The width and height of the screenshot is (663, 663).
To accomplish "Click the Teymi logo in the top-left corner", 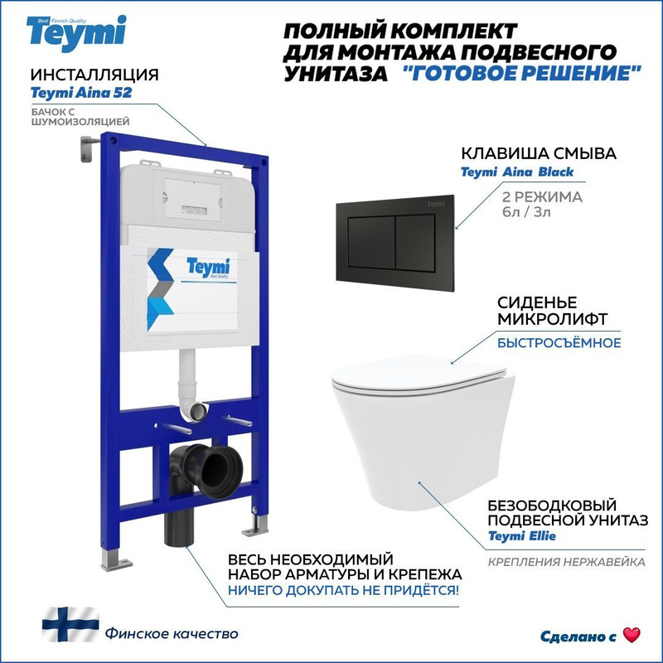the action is [76, 34].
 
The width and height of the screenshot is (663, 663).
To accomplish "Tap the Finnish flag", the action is [70, 624].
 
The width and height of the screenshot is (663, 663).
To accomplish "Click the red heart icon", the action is [632, 635].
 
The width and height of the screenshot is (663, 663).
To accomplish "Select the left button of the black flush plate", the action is [371, 243].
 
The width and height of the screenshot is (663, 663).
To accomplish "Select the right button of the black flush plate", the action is [416, 241].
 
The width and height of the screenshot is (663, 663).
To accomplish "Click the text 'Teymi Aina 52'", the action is [81, 93].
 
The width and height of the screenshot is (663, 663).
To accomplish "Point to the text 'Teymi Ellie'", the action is [522, 536].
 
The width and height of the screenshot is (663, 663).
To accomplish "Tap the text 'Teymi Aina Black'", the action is [516, 172].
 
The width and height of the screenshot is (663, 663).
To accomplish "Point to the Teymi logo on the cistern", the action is [208, 267].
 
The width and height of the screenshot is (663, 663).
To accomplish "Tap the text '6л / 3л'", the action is [526, 211].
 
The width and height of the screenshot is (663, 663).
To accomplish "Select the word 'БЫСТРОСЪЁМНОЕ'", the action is [559, 342].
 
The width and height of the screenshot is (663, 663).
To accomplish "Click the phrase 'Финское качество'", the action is [172, 634].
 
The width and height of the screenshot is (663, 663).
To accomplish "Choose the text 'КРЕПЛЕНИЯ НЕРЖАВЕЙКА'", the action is [567, 563].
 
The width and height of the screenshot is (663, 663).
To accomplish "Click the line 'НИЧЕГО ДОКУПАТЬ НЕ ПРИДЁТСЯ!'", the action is [343, 590].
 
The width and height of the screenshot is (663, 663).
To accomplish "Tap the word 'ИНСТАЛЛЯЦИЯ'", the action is [94, 75].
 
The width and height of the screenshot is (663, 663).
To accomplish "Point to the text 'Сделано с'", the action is [578, 636].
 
